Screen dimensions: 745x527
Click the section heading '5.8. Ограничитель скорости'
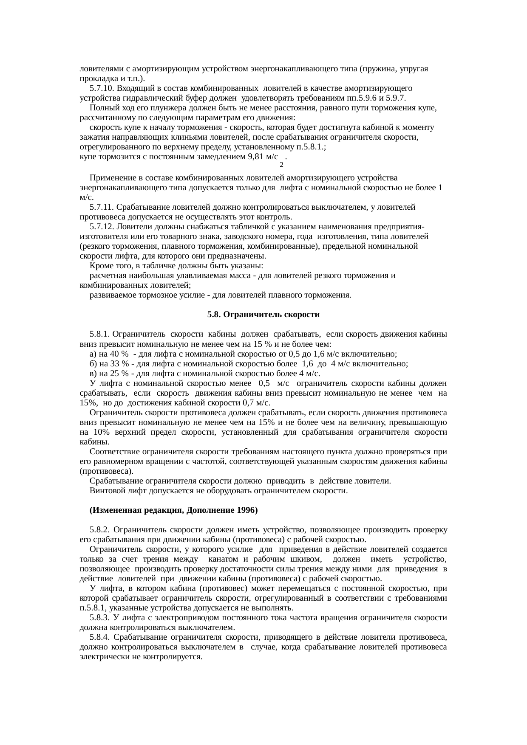tap(263, 315)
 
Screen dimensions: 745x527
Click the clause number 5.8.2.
tap(100, 530)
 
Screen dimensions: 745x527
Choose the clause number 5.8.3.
tap(100, 618)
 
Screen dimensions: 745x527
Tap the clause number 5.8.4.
tap(100, 637)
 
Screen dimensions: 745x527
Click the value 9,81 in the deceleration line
tap(257, 157)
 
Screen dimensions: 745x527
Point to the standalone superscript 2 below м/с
tap(281, 164)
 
